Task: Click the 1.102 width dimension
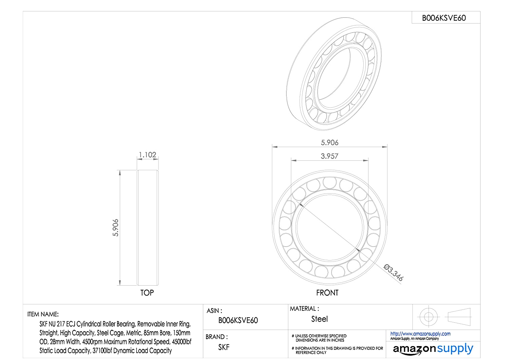coord(148,155)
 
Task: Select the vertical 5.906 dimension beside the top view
coord(116,228)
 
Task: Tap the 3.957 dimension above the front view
coord(329,156)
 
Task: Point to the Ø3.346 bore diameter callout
coord(393,272)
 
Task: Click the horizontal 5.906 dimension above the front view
coord(329,143)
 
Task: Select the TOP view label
coord(147,293)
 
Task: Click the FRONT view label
coord(327,293)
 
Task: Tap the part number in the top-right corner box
coord(444,18)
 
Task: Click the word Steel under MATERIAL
coord(320,319)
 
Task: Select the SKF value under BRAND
coord(224,347)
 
